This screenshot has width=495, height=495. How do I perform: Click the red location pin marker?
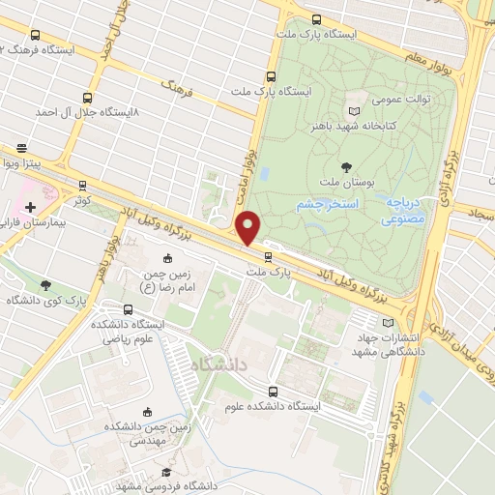pyautogui.click(x=248, y=227)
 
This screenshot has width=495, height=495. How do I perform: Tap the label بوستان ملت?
pyautogui.click(x=337, y=182)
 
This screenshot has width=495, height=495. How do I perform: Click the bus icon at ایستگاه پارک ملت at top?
pyautogui.click(x=316, y=18)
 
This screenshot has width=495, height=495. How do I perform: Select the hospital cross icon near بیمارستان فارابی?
pyautogui.click(x=32, y=207)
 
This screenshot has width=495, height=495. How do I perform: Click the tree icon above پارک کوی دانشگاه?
pyautogui.click(x=45, y=284)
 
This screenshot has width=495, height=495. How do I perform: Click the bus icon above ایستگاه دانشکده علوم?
pyautogui.click(x=274, y=392)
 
